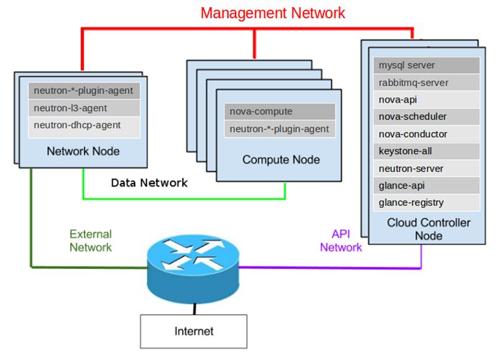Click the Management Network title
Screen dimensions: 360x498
click(x=273, y=12)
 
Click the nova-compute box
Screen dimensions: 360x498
click(x=279, y=112)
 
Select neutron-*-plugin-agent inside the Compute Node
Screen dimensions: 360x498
click(x=279, y=129)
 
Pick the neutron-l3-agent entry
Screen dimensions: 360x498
click(x=82, y=108)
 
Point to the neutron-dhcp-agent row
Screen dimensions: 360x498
click(x=82, y=125)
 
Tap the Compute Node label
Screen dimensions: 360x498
click(x=281, y=159)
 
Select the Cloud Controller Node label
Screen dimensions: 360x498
click(x=428, y=229)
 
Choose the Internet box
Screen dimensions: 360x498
click(x=193, y=331)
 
